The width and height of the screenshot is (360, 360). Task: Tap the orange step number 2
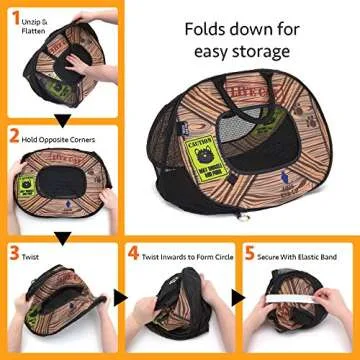click(13, 132)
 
